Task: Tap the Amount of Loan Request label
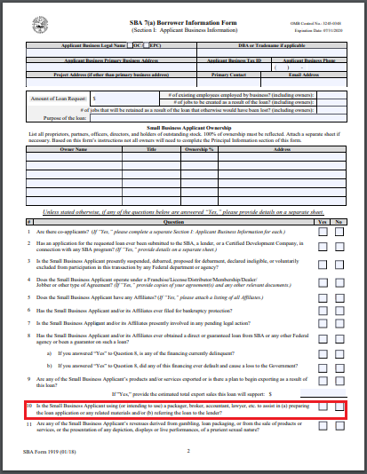[58, 99]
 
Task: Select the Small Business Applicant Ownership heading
[184, 128]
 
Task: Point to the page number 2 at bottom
[188, 452]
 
